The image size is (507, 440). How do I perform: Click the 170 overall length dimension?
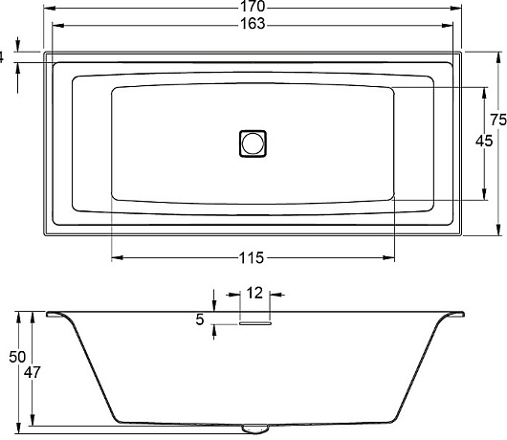tap(253, 6)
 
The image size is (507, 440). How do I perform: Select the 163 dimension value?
tap(253, 24)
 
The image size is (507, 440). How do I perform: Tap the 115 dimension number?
tap(252, 258)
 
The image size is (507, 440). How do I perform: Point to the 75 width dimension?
tap(498, 120)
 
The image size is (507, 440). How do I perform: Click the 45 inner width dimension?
tap(484, 141)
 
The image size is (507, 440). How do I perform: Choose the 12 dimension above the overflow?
tap(254, 293)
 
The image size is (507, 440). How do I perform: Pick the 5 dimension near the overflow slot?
tap(200, 319)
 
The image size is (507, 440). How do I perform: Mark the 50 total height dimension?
tap(17, 357)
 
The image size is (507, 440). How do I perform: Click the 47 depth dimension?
tap(32, 372)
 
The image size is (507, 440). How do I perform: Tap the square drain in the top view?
tap(253, 143)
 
